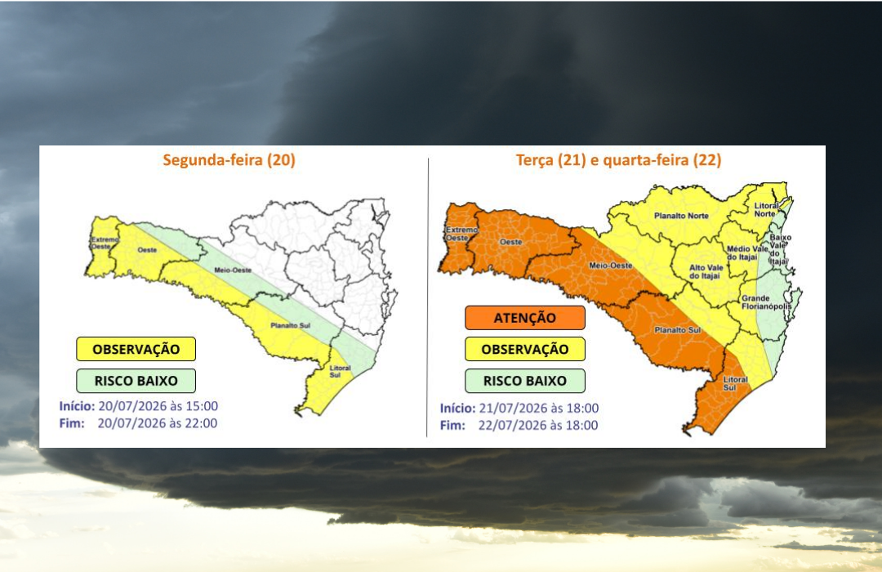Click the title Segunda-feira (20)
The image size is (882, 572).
coord(229,160)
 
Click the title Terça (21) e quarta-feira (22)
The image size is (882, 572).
coord(619,160)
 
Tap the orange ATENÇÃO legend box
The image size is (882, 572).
coord(525,318)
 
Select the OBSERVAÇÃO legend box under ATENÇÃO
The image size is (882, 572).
coord(525,349)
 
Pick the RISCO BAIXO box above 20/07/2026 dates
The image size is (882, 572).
coord(136,381)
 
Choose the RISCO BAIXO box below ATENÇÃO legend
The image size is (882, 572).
coord(525,381)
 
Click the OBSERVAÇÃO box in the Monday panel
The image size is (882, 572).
coord(136,349)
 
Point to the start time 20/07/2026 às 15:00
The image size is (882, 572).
coord(158,406)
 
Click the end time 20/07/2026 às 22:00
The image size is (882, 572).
coord(158,423)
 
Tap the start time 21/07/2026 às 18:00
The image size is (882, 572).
coord(539,409)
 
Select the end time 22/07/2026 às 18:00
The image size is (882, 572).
coord(538,425)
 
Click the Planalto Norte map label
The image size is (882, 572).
coord(681,216)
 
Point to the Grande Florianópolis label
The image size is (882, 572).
coord(766,302)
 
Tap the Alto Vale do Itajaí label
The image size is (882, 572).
coord(706,272)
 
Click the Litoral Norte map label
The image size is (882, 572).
coord(766,209)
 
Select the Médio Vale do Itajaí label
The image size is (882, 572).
coord(746,252)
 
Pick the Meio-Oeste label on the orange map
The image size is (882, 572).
coord(611,266)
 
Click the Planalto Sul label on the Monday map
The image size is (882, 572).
coord(290,325)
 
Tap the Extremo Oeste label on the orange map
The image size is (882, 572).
coord(461,234)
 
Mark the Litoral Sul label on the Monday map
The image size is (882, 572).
coord(340,372)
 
